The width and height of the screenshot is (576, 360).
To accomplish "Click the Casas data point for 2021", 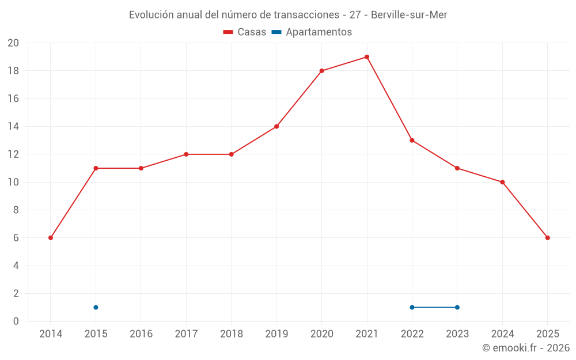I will coord(367,57).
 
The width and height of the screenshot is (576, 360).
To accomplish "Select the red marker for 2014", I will coord(51,238).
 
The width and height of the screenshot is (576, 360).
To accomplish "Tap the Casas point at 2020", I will coord(321,71).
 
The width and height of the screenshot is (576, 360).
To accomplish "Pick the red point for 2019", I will coord(276,127).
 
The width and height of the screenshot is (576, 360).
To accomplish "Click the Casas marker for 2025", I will coord(548,238).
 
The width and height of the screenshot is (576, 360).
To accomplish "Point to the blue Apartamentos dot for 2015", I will coord(96,308).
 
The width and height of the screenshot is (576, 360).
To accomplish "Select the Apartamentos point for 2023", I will coord(457,308).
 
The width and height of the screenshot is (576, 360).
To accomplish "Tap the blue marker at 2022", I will coord(412,308).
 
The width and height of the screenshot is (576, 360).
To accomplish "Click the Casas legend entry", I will coord(245,32).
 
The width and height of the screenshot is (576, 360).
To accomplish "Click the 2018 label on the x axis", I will coord(231,334).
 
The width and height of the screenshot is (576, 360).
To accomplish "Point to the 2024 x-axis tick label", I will coord(502,334).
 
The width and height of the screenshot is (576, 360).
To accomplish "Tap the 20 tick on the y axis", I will coord(13,43).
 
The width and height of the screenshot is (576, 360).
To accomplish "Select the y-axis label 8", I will coord(16,210).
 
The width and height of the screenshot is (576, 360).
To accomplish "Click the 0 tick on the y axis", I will coord(16,321).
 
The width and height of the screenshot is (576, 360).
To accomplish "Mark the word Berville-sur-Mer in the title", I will coord(409,14).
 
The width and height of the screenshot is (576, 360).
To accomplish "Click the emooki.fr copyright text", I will coord(526,348).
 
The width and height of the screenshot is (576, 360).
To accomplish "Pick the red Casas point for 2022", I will coord(412,141).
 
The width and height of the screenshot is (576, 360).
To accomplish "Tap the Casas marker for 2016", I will coord(141,168).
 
